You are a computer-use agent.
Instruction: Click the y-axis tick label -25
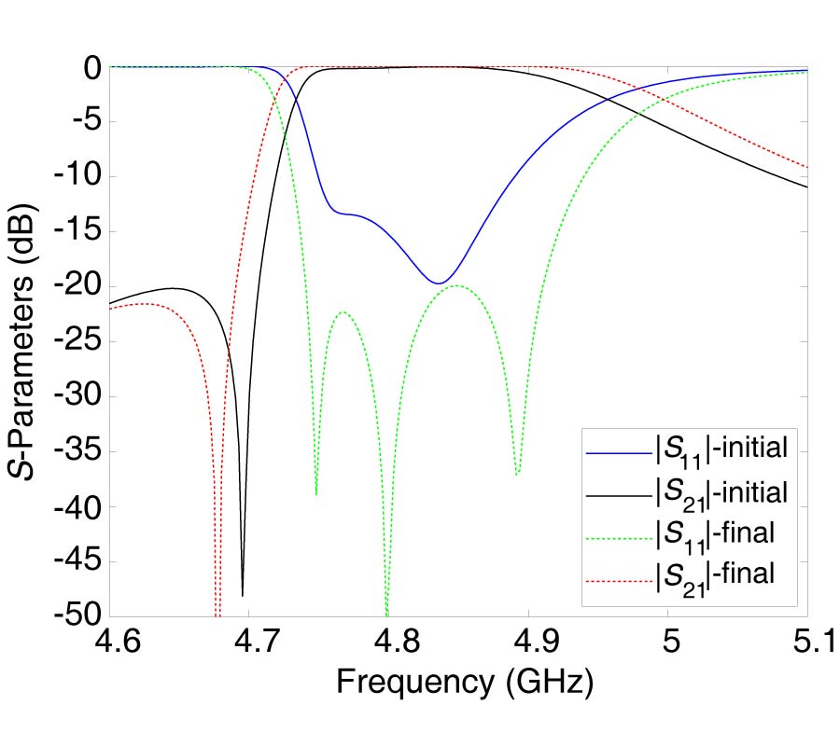coord(77,341)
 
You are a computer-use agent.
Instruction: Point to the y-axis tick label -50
coord(77,616)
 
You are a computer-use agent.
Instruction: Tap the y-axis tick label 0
coord(91,68)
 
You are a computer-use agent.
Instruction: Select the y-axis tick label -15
coord(77,231)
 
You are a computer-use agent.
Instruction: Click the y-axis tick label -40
coord(77,506)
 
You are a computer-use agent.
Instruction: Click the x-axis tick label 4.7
coord(249,644)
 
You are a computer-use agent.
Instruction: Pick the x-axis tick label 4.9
coord(528,644)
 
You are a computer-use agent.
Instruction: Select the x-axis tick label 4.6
coord(110,644)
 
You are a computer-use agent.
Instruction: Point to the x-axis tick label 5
coord(668,644)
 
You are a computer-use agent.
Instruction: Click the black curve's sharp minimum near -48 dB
coord(243,594)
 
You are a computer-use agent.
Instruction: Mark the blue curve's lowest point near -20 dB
coord(438,283)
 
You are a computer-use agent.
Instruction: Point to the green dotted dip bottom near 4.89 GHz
coord(517,474)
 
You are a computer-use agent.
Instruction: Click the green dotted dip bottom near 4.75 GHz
coord(316,493)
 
